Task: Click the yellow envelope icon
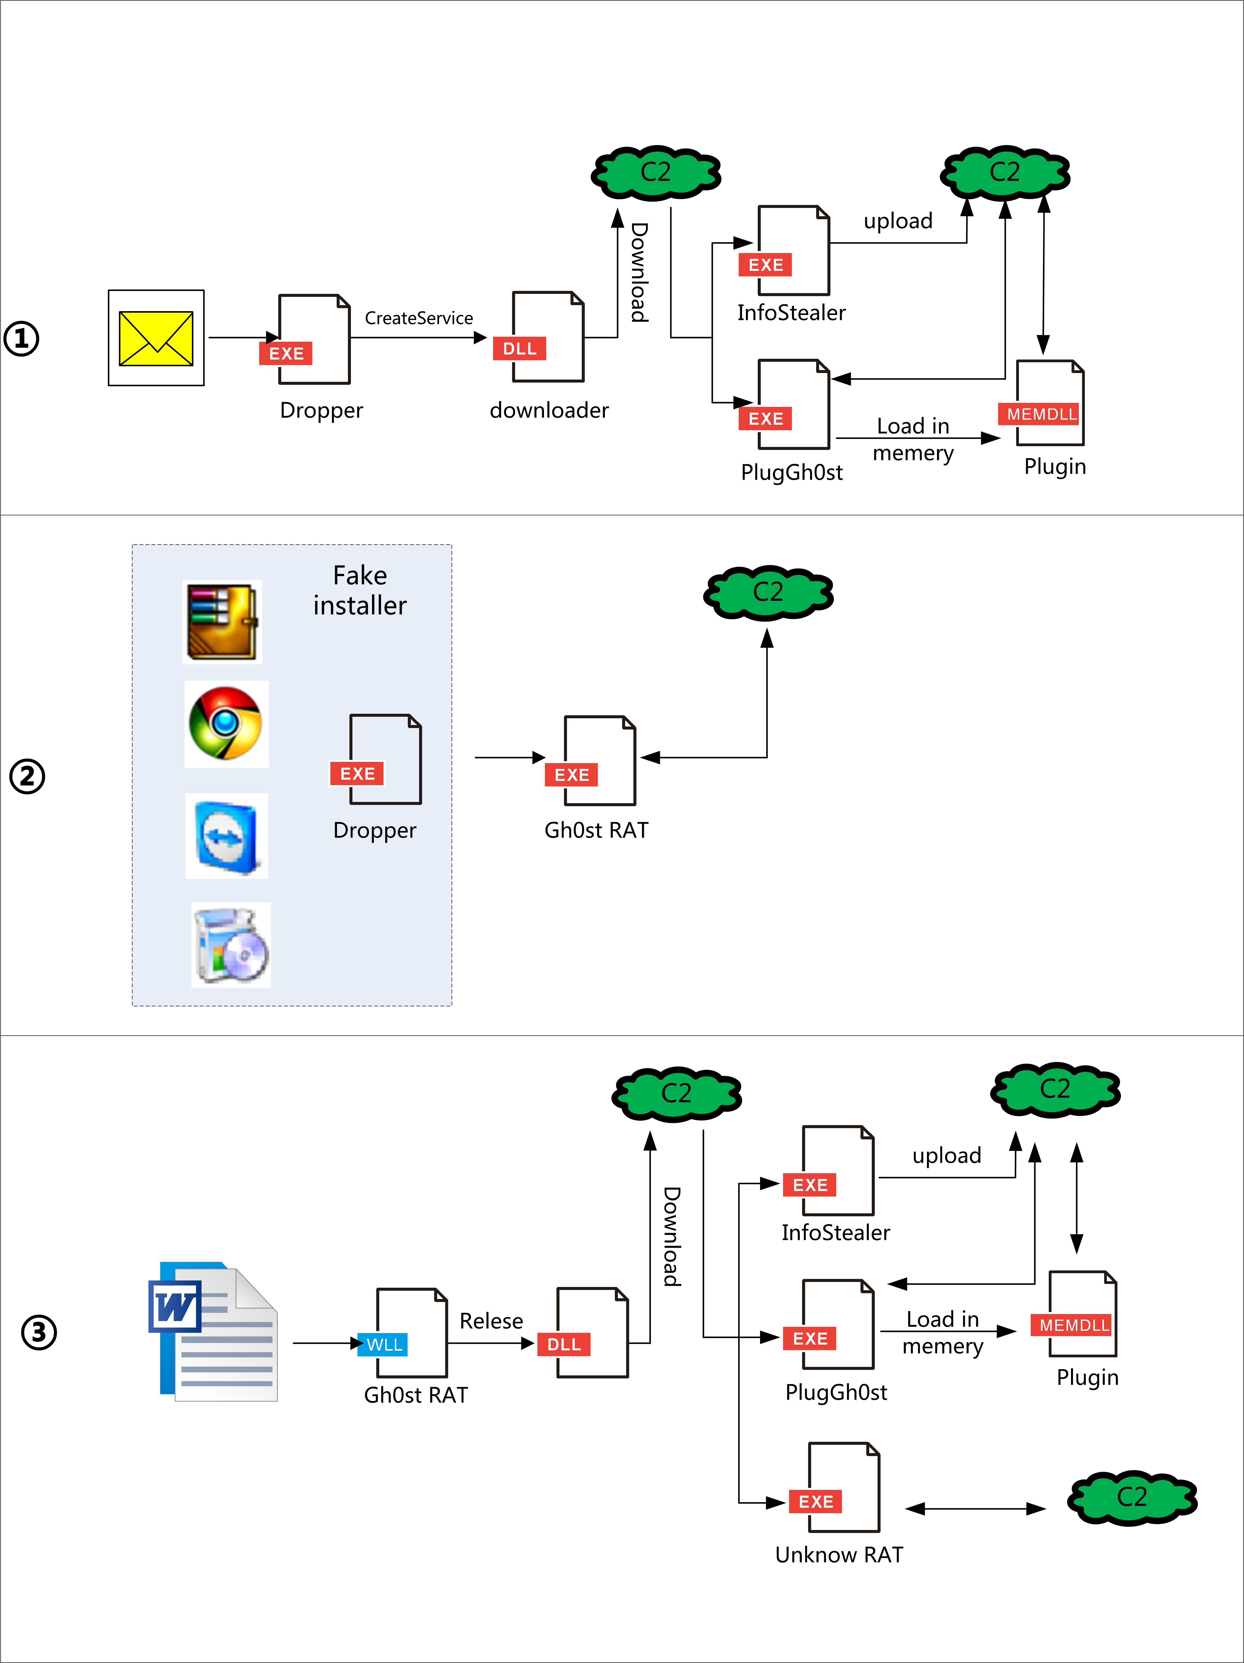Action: pyautogui.click(x=156, y=338)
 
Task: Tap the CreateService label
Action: pyautogui.click(x=419, y=318)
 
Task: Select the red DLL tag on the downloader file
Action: pyautogui.click(x=519, y=349)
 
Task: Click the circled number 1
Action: pyautogui.click(x=22, y=338)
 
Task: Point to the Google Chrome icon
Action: pyautogui.click(x=226, y=724)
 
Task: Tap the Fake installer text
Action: pyautogui.click(x=359, y=590)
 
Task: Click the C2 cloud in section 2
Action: pyautogui.click(x=768, y=592)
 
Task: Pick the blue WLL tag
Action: pyautogui.click(x=384, y=1345)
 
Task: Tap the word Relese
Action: pyautogui.click(x=491, y=1321)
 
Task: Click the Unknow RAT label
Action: pyautogui.click(x=839, y=1555)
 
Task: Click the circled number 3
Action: pyautogui.click(x=38, y=1332)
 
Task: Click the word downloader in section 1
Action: pyautogui.click(x=549, y=410)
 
